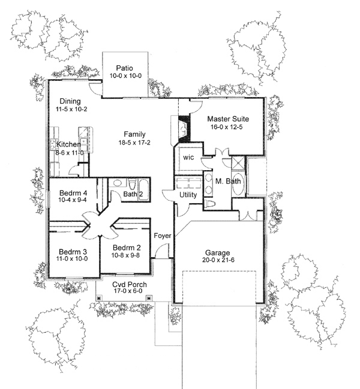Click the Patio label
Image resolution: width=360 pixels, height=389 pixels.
[125, 68]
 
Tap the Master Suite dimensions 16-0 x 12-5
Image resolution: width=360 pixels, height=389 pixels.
[227, 128]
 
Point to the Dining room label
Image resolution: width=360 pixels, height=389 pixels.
[70, 101]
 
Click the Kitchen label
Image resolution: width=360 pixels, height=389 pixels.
[68, 144]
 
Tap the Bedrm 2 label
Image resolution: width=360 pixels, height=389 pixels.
[127, 248]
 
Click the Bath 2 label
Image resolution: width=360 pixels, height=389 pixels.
[133, 194]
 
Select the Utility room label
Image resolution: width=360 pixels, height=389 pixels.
[188, 195]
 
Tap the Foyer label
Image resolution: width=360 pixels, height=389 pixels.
[163, 236]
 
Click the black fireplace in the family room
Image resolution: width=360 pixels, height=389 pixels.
[182, 128]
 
